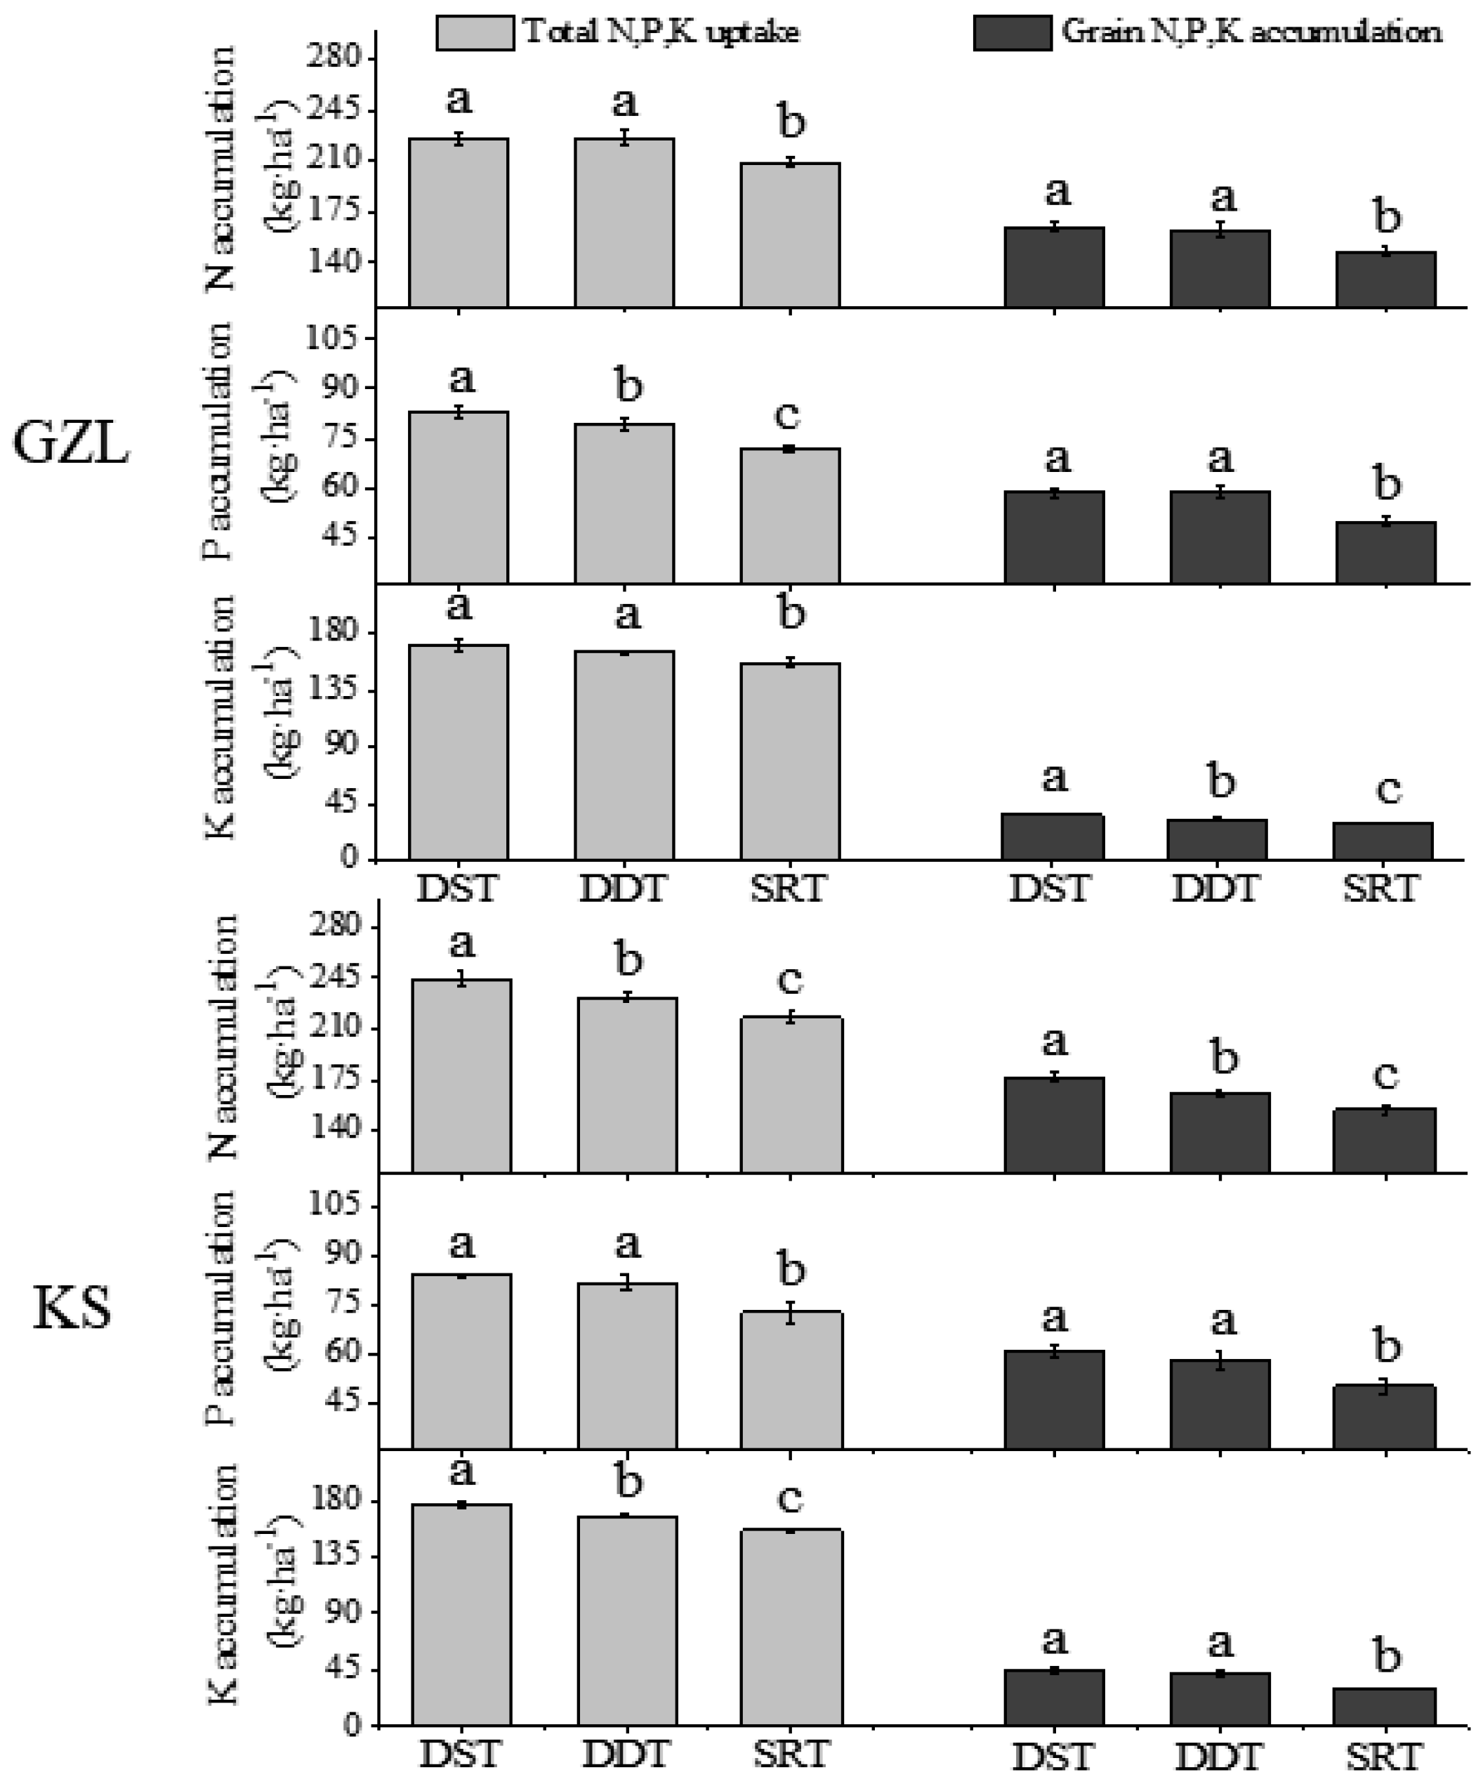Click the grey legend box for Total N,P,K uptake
click(x=474, y=33)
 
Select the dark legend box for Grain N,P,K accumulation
click(x=1012, y=33)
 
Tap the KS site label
click(x=72, y=1309)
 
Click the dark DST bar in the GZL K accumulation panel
click(x=1053, y=838)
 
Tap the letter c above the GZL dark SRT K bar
click(x=1387, y=789)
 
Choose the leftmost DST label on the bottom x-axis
click(x=459, y=1753)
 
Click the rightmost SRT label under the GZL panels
click(x=1381, y=888)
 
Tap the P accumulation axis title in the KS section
click(x=220, y=1309)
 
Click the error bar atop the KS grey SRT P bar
click(x=790, y=1312)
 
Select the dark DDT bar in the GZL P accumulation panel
click(x=1220, y=537)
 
